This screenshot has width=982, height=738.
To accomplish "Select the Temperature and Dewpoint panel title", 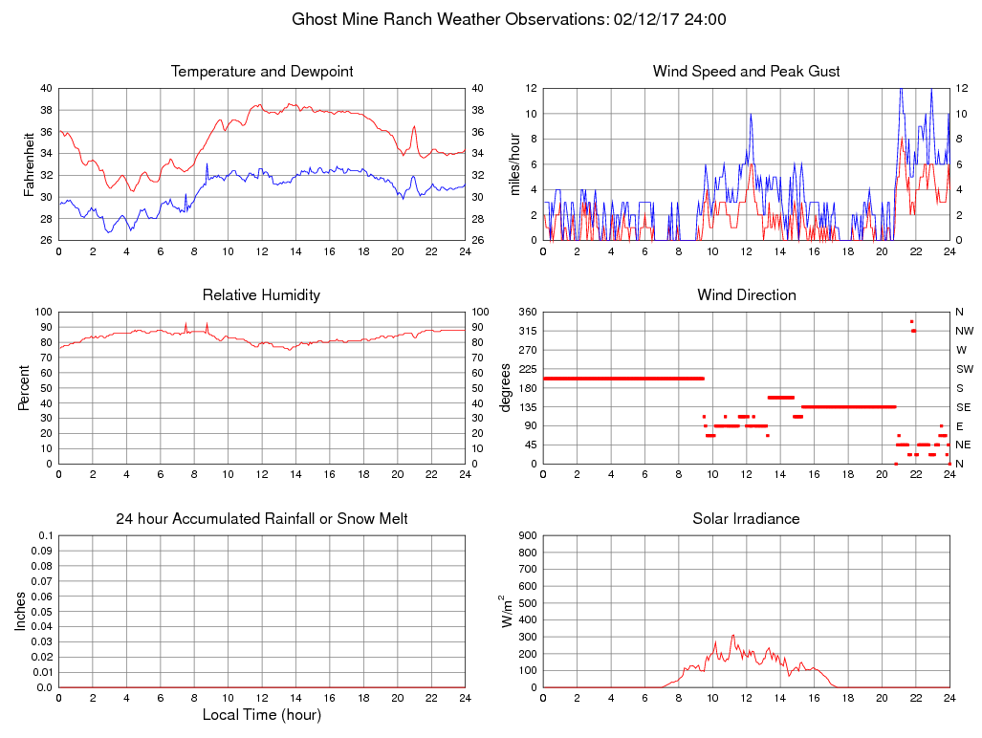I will pos(262,72).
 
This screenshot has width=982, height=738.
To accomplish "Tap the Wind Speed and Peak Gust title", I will pos(746,72).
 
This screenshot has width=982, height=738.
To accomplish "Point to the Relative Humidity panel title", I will pos(262,295).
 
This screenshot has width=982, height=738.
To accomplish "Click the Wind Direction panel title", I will pos(746,295).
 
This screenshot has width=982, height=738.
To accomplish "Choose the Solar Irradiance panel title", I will pos(746,519).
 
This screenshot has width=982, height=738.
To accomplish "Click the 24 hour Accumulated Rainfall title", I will pos(262,519).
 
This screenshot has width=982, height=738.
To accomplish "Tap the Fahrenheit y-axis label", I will pos(29,163).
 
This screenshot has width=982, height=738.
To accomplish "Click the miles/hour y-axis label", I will pos(513,163).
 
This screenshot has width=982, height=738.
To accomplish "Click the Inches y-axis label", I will pos(21,611).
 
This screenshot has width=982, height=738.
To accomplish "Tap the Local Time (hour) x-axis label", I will pos(262,715).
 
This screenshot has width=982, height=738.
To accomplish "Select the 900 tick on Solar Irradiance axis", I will pos(527,535).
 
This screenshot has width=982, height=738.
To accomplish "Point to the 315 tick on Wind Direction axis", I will pos(527,331).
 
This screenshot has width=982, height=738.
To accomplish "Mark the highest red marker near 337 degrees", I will pos(912,321).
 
